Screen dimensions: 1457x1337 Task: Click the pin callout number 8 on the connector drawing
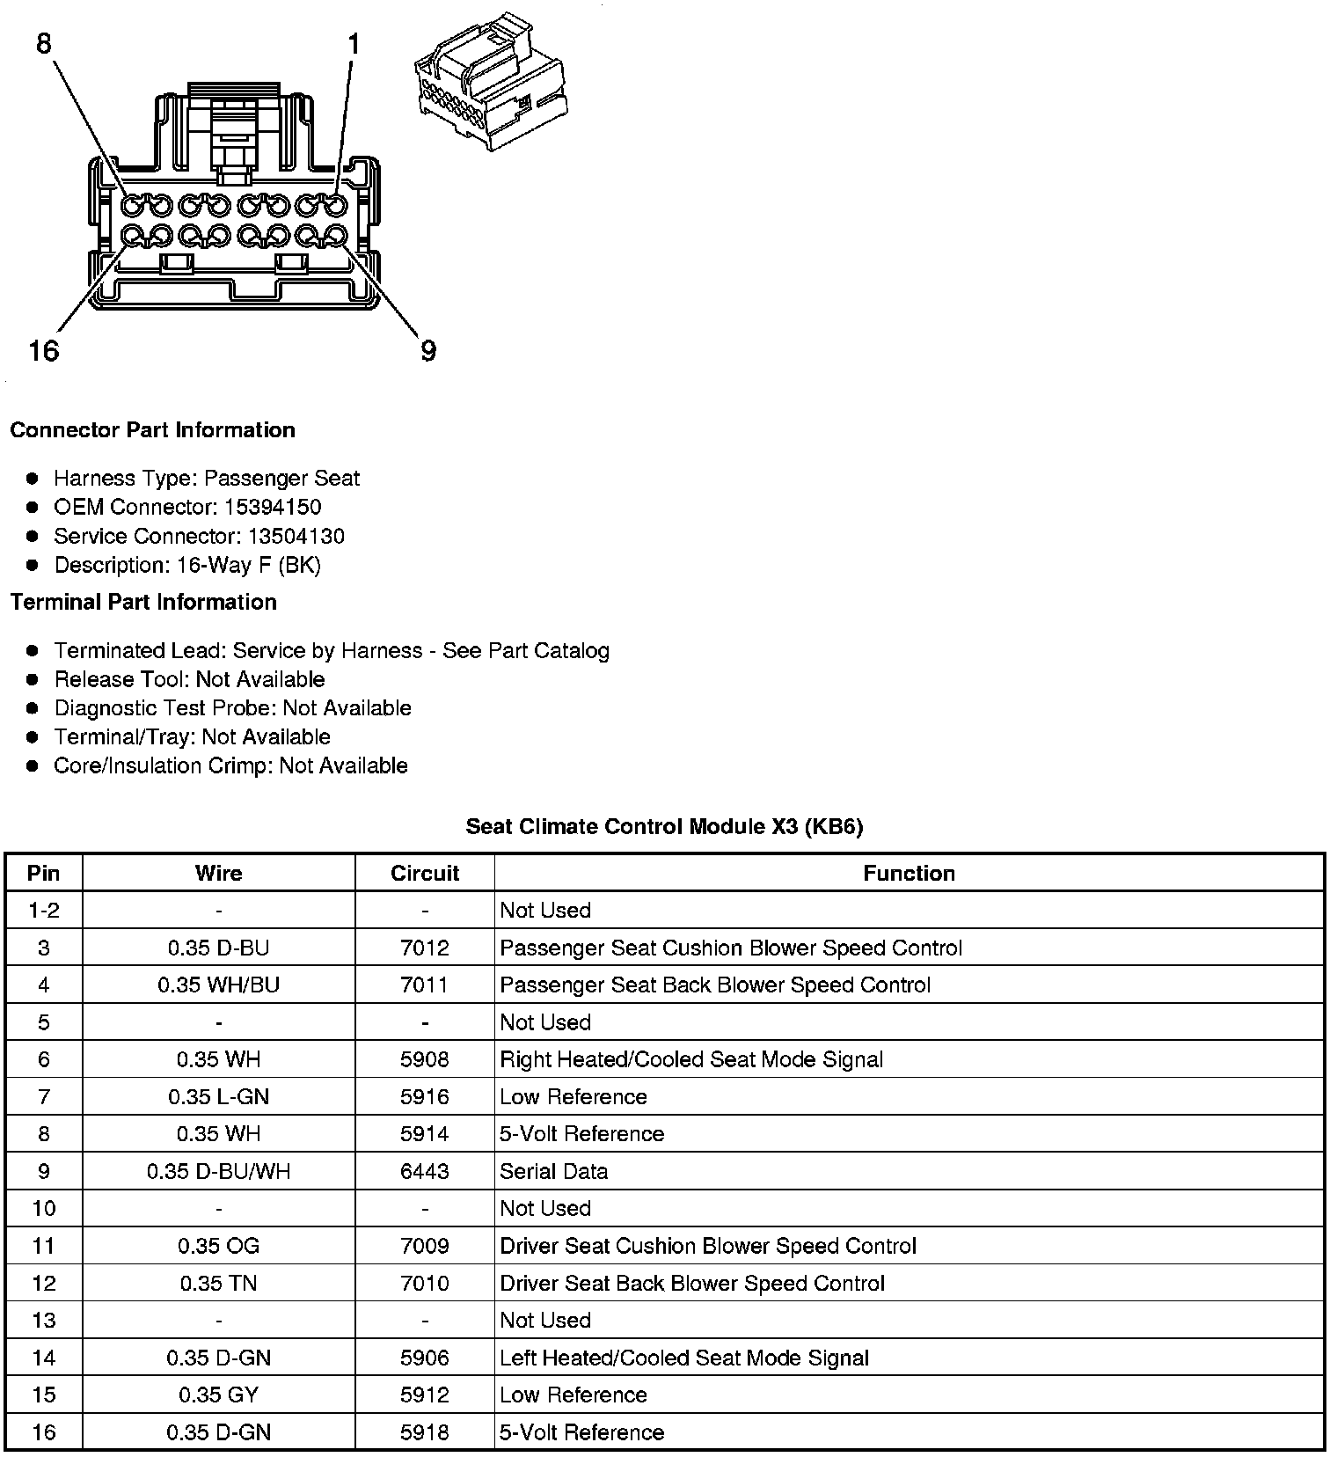click(x=44, y=43)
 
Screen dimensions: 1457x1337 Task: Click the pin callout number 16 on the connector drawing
click(x=43, y=351)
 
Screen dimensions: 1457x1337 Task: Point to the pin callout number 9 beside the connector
click(x=428, y=351)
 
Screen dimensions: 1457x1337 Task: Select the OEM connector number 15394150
click(x=273, y=507)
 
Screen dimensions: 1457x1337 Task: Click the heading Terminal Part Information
click(x=143, y=602)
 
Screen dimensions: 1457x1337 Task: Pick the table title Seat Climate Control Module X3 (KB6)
click(x=664, y=826)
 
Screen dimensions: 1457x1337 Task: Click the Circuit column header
click(x=425, y=873)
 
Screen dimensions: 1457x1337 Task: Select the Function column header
click(x=909, y=873)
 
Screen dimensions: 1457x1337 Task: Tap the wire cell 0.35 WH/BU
click(x=218, y=985)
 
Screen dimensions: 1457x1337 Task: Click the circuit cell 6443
click(x=425, y=1171)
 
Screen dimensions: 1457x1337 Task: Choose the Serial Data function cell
click(x=553, y=1171)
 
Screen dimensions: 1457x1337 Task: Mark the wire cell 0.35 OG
click(x=218, y=1246)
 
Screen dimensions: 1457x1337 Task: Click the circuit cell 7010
click(x=425, y=1283)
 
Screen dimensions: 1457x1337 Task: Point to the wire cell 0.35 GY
click(x=218, y=1395)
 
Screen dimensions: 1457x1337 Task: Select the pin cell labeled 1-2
click(x=43, y=910)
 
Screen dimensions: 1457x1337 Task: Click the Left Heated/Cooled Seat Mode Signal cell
click(x=683, y=1358)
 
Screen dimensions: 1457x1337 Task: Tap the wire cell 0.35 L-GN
click(x=218, y=1096)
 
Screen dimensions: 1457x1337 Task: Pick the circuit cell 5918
click(x=425, y=1432)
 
